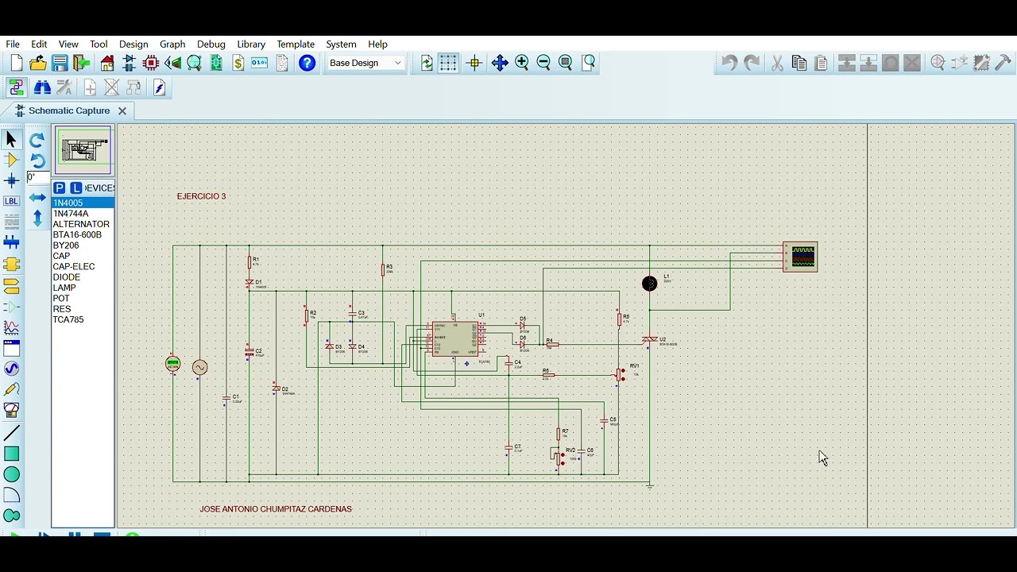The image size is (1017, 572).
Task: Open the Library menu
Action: pyautogui.click(x=251, y=44)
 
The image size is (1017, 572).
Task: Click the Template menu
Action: pyautogui.click(x=296, y=44)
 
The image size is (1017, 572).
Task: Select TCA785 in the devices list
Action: pyautogui.click(x=68, y=319)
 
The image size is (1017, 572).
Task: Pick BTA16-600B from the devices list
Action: pyautogui.click(x=77, y=234)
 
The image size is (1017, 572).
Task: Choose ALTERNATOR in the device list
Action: pyautogui.click(x=81, y=224)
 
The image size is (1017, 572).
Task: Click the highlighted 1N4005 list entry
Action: pyautogui.click(x=68, y=203)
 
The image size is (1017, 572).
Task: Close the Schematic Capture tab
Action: pyautogui.click(x=122, y=110)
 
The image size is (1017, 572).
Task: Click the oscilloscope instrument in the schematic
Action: pyautogui.click(x=800, y=257)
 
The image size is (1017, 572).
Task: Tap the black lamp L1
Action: pyautogui.click(x=649, y=284)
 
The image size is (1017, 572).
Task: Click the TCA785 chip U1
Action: pyautogui.click(x=454, y=339)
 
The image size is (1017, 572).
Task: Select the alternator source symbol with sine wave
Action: pyautogui.click(x=199, y=367)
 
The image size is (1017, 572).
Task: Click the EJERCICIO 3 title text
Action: pyautogui.click(x=201, y=196)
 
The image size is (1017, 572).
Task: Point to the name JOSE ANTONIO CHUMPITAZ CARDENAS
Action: pyautogui.click(x=276, y=508)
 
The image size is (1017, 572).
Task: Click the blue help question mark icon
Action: pyautogui.click(x=307, y=64)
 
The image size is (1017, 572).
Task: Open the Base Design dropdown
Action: pyautogui.click(x=366, y=64)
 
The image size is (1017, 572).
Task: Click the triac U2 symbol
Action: pyautogui.click(x=649, y=340)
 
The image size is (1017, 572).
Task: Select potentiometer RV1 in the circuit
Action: pyautogui.click(x=620, y=374)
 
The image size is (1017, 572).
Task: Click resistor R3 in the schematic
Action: pyautogui.click(x=382, y=270)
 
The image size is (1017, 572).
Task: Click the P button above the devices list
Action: pyautogui.click(x=60, y=187)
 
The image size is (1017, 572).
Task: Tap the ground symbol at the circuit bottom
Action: pyautogui.click(x=649, y=485)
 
